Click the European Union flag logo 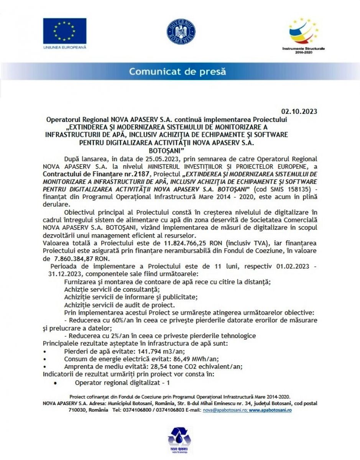[x=65, y=31]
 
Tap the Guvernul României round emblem [x=181, y=31]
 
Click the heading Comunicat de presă [x=177, y=71]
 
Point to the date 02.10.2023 [x=299, y=112]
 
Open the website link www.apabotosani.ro [x=270, y=410]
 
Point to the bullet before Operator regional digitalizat [x=56, y=383]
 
